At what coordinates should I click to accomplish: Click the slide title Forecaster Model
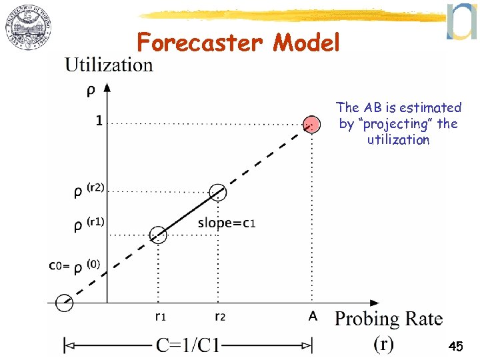coord(238,43)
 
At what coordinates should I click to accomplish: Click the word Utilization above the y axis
coord(109,65)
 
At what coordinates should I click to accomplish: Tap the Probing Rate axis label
coord(388,319)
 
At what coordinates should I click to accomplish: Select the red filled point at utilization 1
coord(311,124)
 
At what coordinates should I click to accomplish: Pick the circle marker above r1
coord(158,234)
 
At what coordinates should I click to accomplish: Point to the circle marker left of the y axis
coord(64,303)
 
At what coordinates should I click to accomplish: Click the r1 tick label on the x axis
coord(161,317)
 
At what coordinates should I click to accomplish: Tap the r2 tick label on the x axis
coord(219,317)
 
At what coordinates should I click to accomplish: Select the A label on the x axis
coord(313,317)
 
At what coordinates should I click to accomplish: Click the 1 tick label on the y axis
coord(98,121)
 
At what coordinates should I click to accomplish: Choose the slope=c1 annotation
coord(227,223)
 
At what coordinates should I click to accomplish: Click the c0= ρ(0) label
coord(75,266)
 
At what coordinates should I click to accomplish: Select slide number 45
coord(456,347)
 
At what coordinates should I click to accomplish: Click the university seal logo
coord(28,31)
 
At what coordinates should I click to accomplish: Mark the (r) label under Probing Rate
coord(383,343)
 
